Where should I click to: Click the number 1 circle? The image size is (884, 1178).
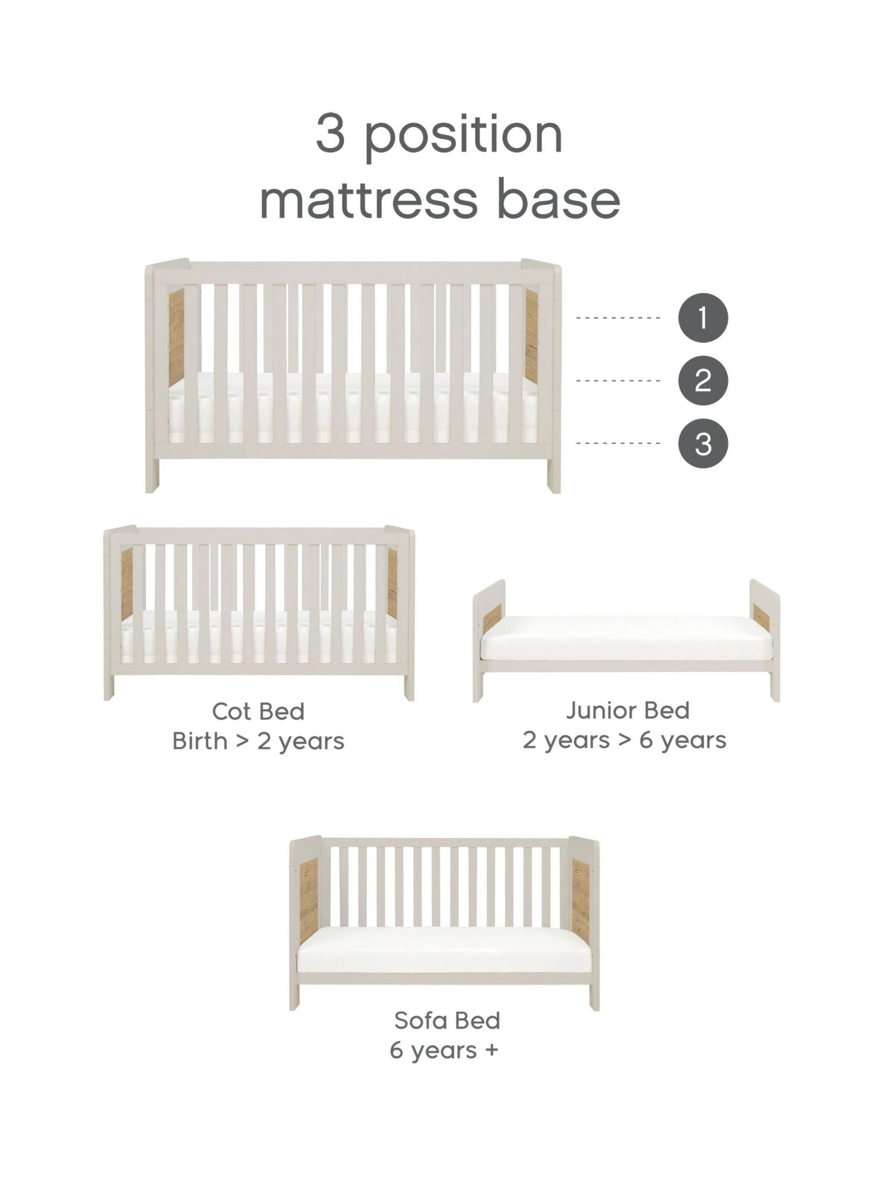click(702, 318)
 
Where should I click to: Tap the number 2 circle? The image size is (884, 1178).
click(702, 381)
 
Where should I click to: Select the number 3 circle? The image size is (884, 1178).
click(702, 443)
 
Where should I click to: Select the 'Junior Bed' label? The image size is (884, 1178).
click(627, 710)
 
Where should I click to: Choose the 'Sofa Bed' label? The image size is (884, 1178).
click(447, 1020)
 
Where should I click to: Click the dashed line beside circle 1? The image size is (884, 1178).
click(618, 318)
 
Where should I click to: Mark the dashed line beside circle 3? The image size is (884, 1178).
click(618, 443)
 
